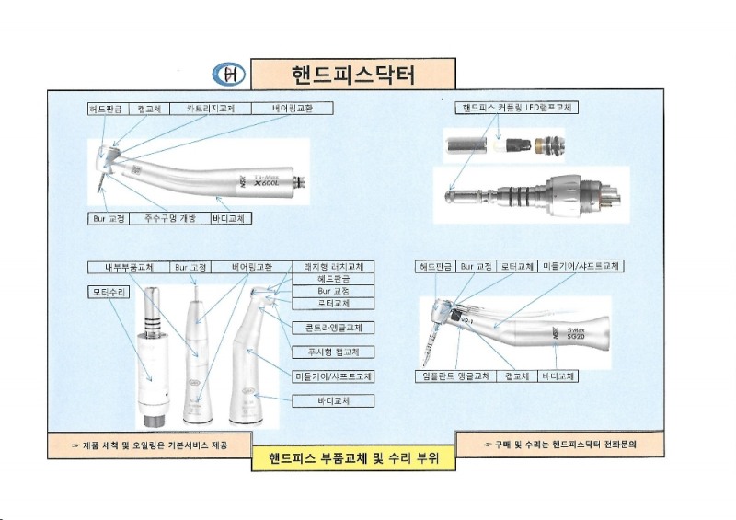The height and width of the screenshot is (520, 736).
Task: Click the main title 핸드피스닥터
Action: tap(352, 74)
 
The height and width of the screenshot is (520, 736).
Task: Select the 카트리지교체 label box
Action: tap(210, 109)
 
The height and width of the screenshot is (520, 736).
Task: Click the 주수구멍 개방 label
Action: tap(170, 219)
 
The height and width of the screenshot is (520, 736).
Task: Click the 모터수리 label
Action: tap(109, 293)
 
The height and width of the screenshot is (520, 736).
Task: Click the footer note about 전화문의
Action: tap(559, 444)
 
